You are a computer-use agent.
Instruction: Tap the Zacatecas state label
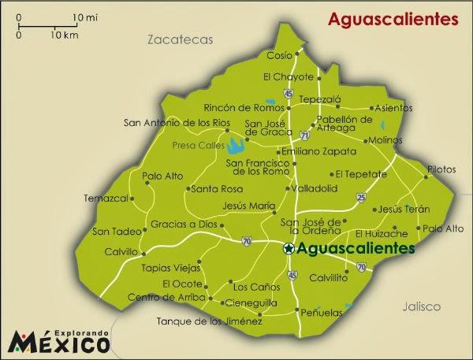(x=181, y=39)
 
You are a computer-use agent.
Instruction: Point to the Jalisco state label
(x=420, y=306)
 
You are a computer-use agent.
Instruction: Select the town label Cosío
(x=279, y=56)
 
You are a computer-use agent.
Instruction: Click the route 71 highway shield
(x=304, y=135)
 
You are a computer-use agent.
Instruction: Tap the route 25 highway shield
(x=361, y=196)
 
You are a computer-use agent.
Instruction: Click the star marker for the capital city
(x=289, y=248)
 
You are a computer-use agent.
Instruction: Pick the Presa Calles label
(x=197, y=145)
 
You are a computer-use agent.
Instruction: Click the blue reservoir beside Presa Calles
(x=235, y=146)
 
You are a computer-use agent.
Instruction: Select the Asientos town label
(x=393, y=108)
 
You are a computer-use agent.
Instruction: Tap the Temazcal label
(x=106, y=199)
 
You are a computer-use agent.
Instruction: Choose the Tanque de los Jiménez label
(x=209, y=321)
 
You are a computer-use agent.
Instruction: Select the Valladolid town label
(x=315, y=189)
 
